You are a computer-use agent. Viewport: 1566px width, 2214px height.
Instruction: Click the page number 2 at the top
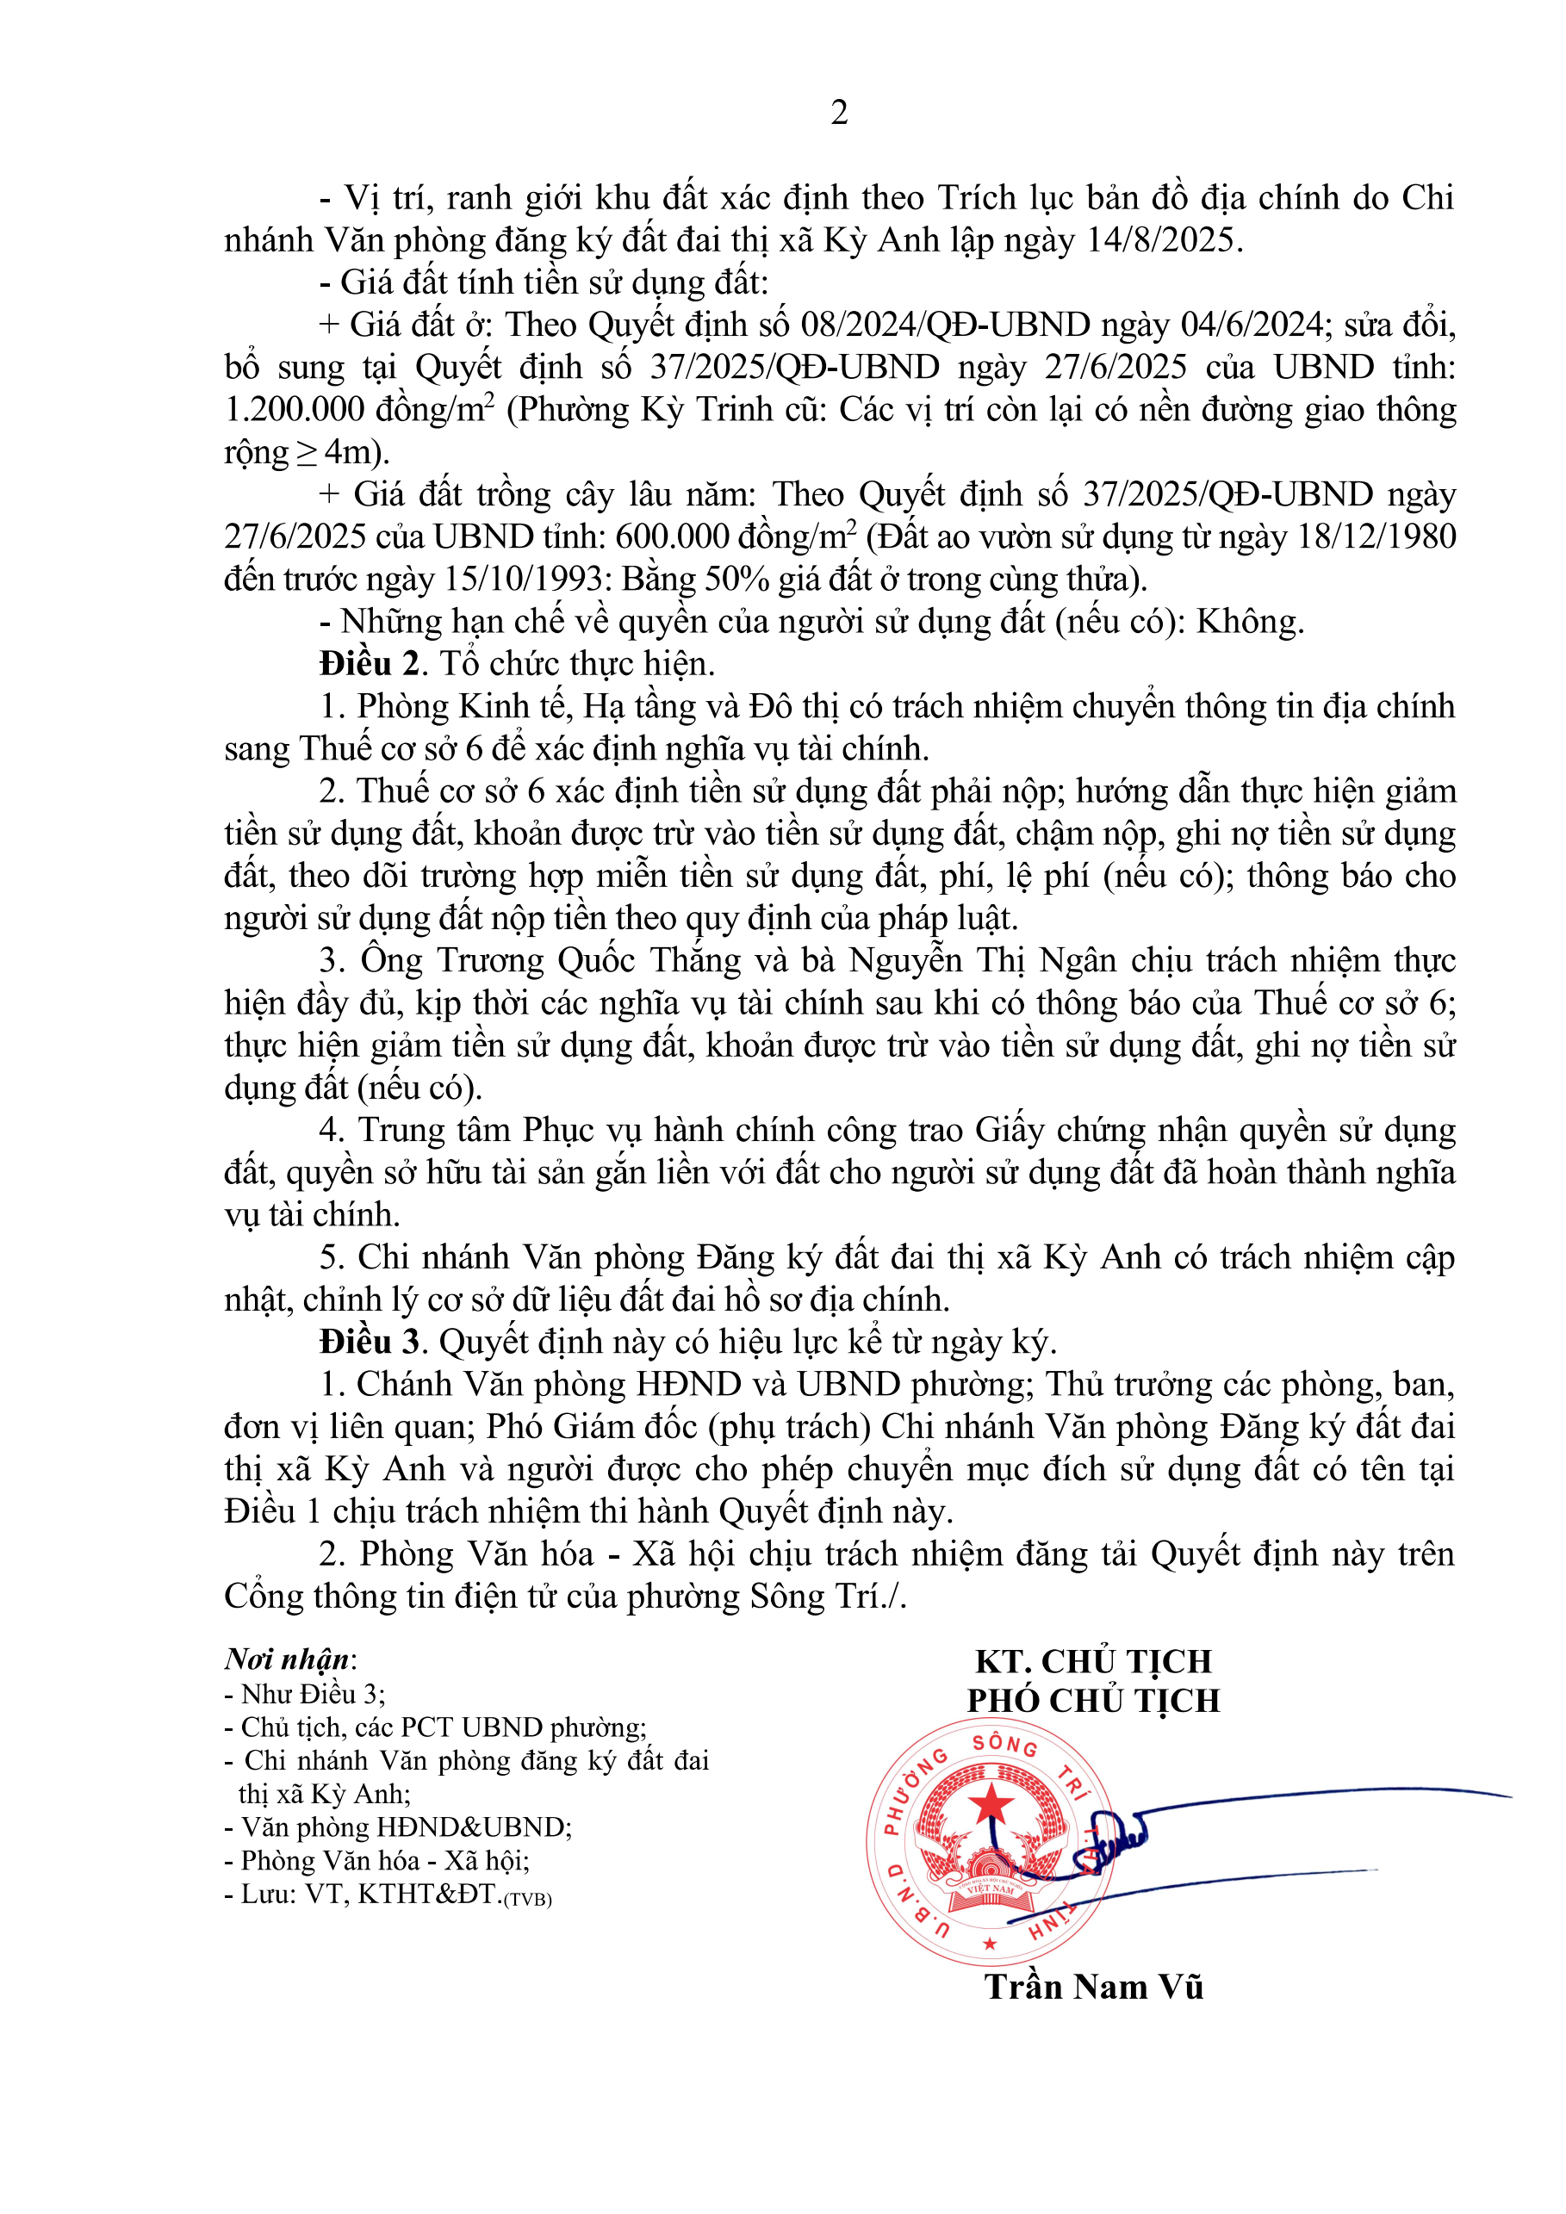839,113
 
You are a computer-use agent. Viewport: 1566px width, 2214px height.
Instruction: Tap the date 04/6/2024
1252,325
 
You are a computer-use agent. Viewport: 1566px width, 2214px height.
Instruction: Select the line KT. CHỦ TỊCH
1092,1660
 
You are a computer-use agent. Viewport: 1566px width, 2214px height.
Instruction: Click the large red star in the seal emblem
991,1802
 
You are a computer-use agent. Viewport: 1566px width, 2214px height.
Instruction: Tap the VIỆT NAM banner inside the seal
991,1889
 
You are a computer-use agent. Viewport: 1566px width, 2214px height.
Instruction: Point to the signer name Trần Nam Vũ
1093,1987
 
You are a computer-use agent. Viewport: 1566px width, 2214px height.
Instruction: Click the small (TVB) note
527,1900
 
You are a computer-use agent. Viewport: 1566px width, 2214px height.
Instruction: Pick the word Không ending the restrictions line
1249,622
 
